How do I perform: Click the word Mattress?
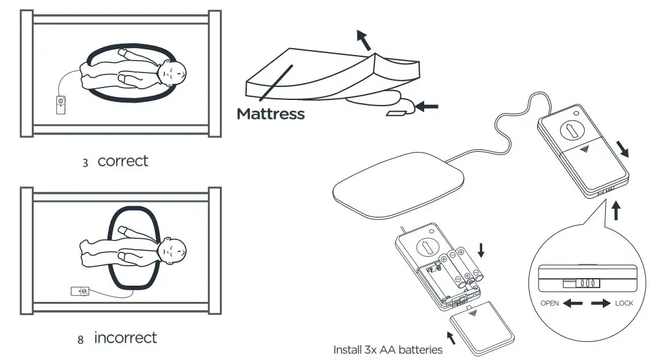click(x=270, y=114)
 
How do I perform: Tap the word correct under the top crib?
click(x=123, y=161)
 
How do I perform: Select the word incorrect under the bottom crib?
click(x=125, y=338)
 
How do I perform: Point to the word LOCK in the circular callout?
click(x=623, y=303)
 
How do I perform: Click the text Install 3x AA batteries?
click(x=387, y=349)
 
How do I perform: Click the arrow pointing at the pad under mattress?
click(x=427, y=107)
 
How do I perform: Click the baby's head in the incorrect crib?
click(x=171, y=253)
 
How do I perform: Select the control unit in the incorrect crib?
click(x=81, y=291)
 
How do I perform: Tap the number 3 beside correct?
click(x=85, y=162)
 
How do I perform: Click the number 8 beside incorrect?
click(x=81, y=340)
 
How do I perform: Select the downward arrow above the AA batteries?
click(x=480, y=250)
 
